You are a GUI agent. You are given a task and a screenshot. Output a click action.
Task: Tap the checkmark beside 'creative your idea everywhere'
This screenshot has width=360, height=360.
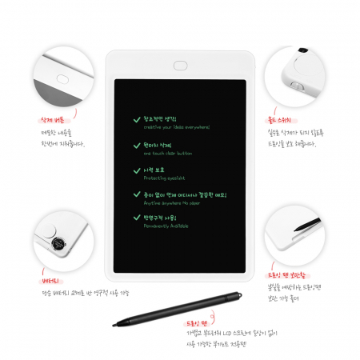[137, 119]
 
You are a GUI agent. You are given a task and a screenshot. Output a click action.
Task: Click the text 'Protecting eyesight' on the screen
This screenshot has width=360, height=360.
[165, 178]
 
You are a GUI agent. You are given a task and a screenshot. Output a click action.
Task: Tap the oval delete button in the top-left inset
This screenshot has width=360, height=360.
[62, 78]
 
